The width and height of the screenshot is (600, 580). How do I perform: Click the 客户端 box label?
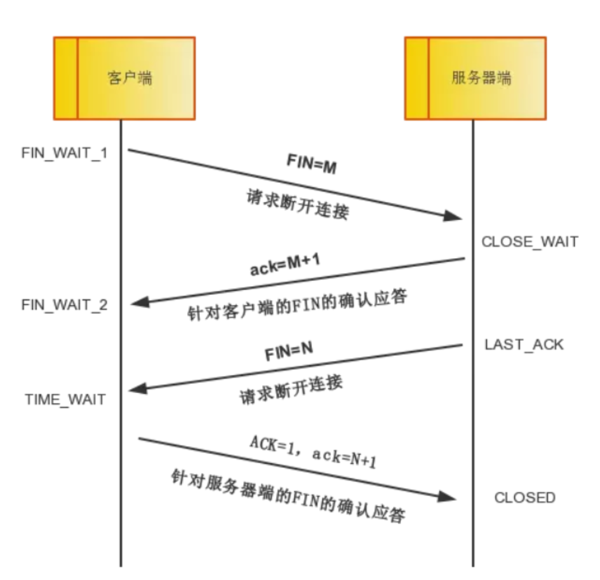(130, 78)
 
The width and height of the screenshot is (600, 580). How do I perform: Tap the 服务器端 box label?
(481, 78)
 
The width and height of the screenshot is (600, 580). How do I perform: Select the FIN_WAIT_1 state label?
(64, 153)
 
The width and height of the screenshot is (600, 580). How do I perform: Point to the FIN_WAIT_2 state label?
(64, 304)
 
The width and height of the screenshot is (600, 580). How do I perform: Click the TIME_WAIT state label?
(66, 399)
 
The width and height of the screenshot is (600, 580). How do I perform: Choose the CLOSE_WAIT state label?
(529, 241)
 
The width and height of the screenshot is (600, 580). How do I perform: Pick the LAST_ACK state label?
(524, 344)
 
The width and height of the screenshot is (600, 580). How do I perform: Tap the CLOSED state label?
(525, 497)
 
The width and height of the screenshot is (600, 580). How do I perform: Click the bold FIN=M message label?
(311, 165)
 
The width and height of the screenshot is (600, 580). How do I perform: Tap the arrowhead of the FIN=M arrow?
(454, 216)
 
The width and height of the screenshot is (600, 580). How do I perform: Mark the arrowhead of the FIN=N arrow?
(138, 390)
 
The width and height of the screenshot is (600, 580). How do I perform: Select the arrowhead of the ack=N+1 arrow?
(449, 496)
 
